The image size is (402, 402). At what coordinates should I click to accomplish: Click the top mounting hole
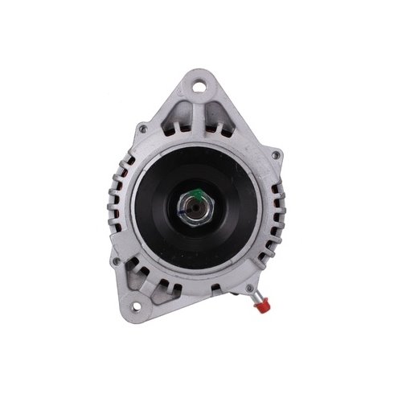(x=199, y=82)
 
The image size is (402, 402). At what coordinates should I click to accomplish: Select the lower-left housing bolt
(x=117, y=260)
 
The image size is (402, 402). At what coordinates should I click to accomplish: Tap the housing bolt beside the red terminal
(x=250, y=287)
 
